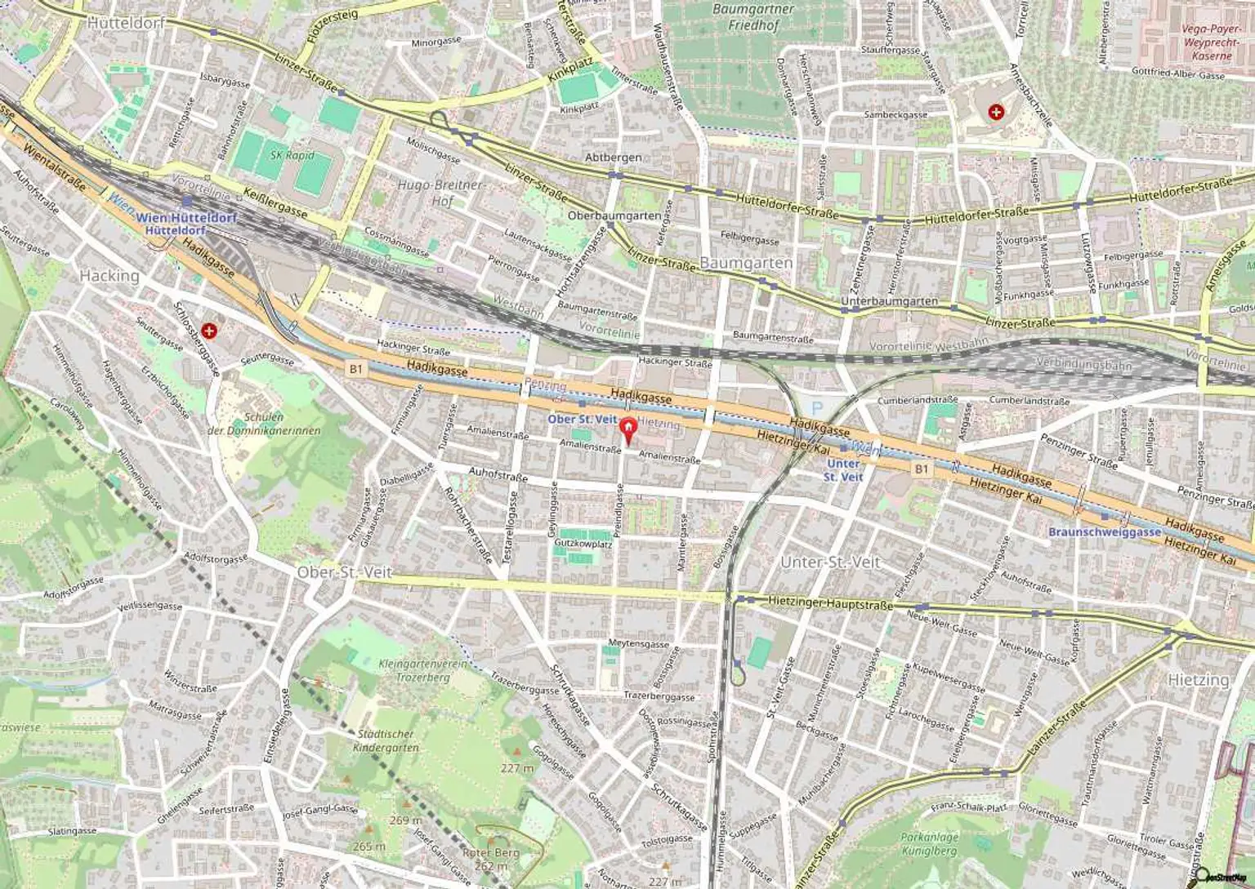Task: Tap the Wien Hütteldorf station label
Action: coord(185,219)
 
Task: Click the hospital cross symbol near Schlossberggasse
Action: coord(211,331)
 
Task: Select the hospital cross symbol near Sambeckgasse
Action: coord(996,112)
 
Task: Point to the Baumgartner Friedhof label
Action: coord(753,17)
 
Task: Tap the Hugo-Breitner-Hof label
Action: coord(442,193)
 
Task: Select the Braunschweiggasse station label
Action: coord(1105,531)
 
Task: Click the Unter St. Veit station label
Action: coord(842,469)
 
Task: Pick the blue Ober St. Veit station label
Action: coord(582,418)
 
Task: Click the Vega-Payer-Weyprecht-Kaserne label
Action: coord(1211,42)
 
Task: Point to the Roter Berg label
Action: coord(491,859)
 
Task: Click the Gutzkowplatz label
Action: coord(583,543)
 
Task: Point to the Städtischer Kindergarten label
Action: coord(386,740)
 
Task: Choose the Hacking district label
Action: coord(109,276)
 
